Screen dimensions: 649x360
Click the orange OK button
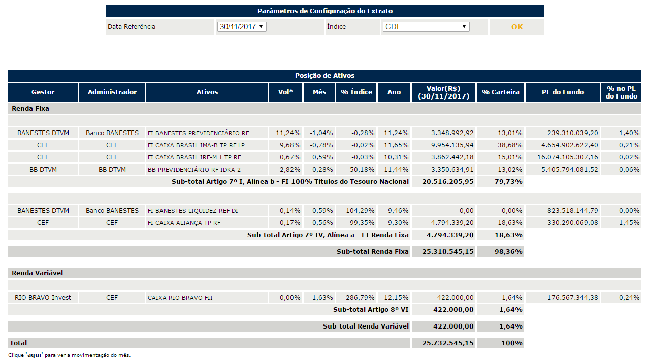(516, 27)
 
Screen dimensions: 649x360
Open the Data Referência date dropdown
(242, 27)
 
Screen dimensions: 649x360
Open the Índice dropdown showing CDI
(426, 27)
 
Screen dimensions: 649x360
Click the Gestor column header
(43, 92)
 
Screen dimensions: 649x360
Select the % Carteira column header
(500, 92)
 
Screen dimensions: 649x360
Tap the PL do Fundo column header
(563, 92)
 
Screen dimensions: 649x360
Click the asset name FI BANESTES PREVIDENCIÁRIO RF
(198, 133)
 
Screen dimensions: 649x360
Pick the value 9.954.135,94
(452, 145)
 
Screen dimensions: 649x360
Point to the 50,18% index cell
(362, 170)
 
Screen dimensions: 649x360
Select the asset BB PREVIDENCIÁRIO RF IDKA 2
(194, 170)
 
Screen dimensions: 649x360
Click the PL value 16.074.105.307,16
(568, 157)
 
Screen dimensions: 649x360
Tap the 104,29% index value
(360, 211)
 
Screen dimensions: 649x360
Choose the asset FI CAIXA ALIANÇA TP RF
(184, 223)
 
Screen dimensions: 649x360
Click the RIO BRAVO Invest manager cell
(43, 298)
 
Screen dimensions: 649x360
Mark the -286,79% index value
(359, 298)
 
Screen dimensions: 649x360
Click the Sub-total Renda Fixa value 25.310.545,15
(447, 252)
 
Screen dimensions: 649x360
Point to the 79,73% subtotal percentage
(508, 182)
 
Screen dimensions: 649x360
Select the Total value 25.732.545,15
(447, 343)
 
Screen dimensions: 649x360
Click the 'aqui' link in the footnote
(34, 355)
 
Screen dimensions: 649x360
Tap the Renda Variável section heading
(38, 273)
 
